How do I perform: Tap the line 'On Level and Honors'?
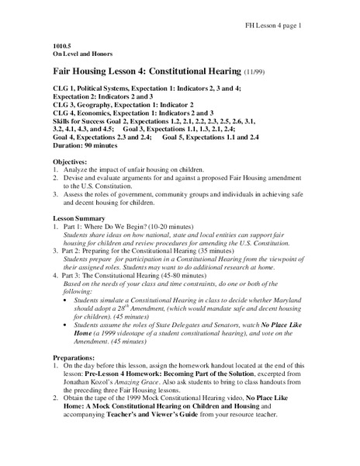tap(81, 55)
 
